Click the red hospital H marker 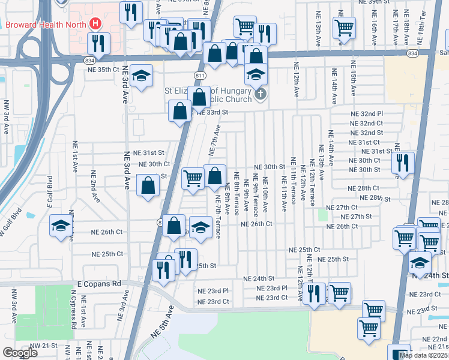click(x=94, y=24)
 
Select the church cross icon click(x=260, y=94)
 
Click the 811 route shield click(x=200, y=74)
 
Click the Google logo click(x=20, y=353)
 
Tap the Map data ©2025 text click(x=423, y=355)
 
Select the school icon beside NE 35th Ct click(x=141, y=76)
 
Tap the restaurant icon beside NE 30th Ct click(x=403, y=162)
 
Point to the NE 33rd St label click(x=213, y=112)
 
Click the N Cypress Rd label click(x=73, y=312)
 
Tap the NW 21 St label click(x=42, y=346)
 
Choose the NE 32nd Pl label click(x=367, y=113)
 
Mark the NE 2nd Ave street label click(x=94, y=185)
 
